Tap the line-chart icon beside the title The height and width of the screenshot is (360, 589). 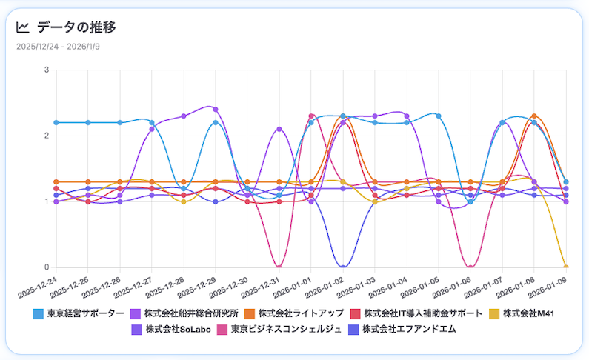pos(23,27)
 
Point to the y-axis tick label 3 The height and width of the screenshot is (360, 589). pos(47,70)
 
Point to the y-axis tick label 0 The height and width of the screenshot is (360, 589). pos(47,267)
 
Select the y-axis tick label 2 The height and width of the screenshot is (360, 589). pos(47,136)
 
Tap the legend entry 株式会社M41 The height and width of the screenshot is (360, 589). pos(530,313)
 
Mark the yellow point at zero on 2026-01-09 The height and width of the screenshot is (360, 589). pos(566,267)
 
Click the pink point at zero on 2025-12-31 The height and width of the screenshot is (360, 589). pos(279,267)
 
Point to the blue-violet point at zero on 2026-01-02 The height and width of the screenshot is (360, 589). pos(343,267)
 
